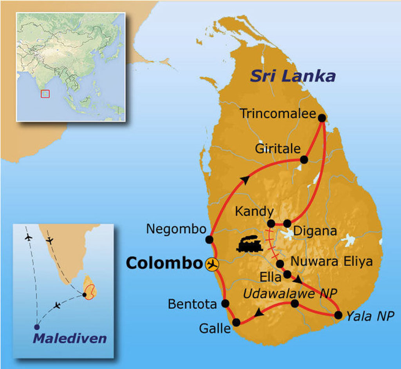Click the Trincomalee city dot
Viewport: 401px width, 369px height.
click(322, 117)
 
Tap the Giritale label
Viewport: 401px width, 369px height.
click(278, 149)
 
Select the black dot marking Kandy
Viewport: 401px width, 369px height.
click(271, 223)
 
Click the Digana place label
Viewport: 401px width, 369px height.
click(315, 231)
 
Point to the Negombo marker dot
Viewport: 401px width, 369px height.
click(209, 239)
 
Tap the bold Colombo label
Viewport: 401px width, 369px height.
click(164, 264)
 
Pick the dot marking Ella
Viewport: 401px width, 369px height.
click(287, 274)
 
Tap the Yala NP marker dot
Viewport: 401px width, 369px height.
click(339, 315)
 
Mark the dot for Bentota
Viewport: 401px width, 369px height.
click(225, 303)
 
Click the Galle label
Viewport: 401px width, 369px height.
click(215, 328)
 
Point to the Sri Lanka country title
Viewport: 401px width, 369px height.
click(293, 76)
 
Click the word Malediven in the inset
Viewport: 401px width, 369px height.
click(70, 338)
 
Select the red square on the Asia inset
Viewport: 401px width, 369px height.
click(45, 94)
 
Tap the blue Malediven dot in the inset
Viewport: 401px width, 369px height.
click(37, 327)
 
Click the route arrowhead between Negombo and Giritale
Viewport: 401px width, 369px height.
click(245, 180)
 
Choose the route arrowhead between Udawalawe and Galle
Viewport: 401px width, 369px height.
click(258, 313)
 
